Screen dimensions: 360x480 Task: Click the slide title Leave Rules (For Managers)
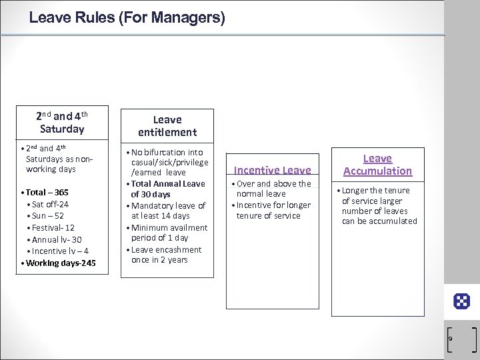pyautogui.click(x=127, y=17)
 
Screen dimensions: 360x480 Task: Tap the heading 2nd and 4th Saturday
pyautogui.click(x=61, y=121)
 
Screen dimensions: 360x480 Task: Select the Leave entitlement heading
pyautogui.click(x=167, y=126)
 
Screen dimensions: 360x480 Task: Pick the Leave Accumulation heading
pyautogui.click(x=377, y=164)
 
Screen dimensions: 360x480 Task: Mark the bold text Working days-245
pyautogui.click(x=61, y=263)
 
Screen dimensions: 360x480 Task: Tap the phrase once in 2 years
pyautogui.click(x=160, y=259)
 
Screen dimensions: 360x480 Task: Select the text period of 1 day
pyautogui.click(x=160, y=238)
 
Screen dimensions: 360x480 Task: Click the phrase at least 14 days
pyautogui.click(x=161, y=216)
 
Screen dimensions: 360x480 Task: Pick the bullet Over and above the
pyautogui.click(x=273, y=184)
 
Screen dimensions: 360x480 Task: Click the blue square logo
pyautogui.click(x=461, y=301)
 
